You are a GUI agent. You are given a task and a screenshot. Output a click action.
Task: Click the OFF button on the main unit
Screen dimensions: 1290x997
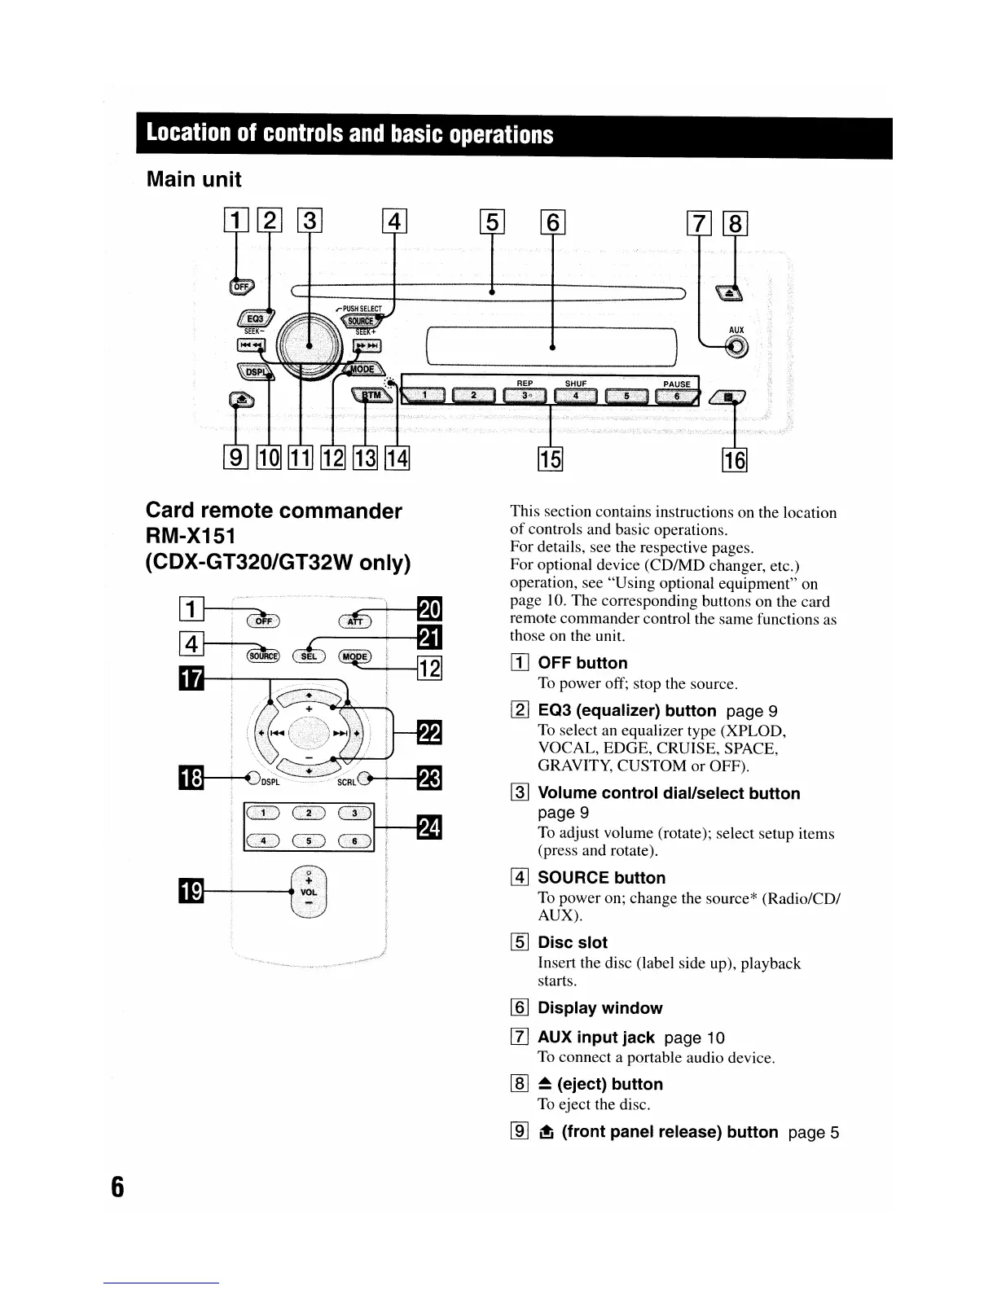242,286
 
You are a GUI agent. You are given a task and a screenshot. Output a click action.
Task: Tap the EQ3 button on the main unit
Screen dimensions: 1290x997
256,318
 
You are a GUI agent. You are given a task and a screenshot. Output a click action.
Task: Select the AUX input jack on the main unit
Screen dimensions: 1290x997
736,348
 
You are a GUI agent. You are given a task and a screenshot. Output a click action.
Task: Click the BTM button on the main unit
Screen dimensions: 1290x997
370,396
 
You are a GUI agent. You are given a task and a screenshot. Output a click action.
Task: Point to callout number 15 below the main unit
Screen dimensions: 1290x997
551,460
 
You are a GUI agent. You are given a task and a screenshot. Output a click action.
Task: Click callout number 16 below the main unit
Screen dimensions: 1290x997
735,460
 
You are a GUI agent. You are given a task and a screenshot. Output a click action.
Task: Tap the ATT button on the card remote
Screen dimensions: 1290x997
355,622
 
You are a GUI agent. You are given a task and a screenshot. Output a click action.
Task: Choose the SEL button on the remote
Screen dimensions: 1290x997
309,656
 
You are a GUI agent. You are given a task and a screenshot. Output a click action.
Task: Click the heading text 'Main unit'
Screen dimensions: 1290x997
194,179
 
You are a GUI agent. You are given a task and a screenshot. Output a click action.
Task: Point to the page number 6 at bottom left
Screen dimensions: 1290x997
117,1187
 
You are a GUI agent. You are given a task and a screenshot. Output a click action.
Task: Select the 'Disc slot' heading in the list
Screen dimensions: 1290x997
573,942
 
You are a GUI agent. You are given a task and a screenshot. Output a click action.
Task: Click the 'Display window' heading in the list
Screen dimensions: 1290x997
600,1008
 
